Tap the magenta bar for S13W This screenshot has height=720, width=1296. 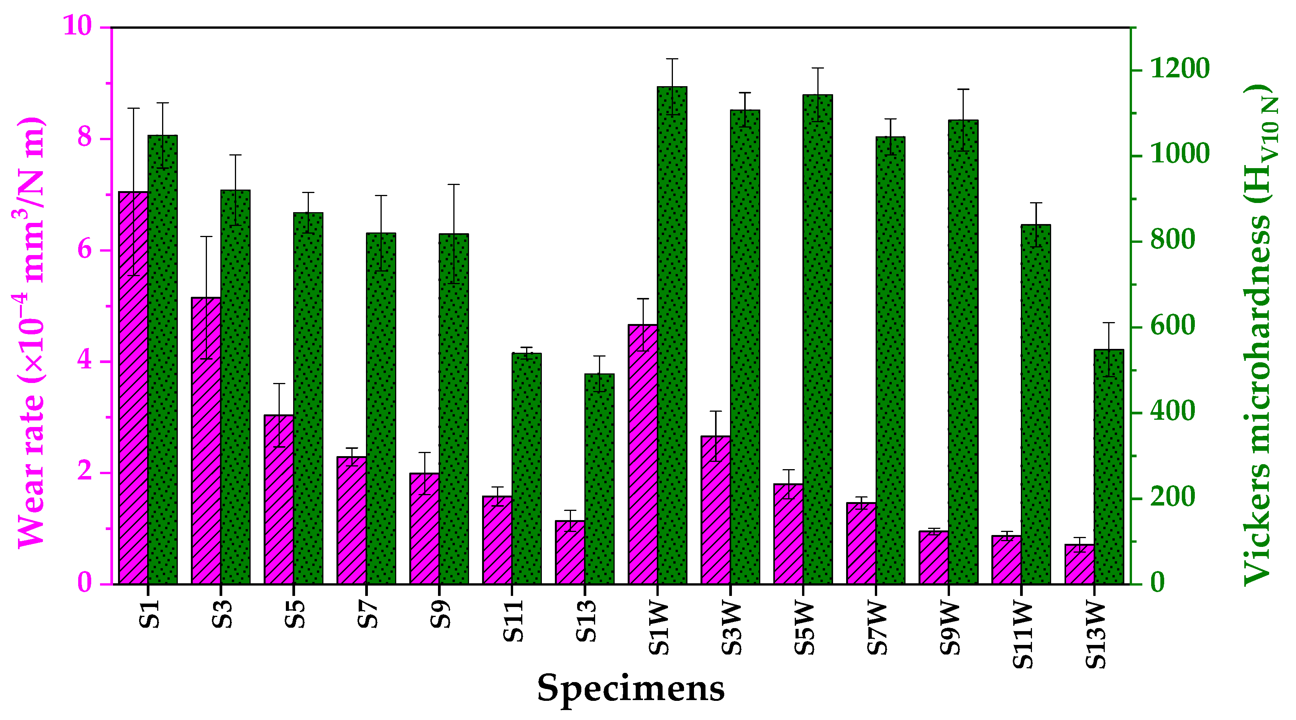point(1079,564)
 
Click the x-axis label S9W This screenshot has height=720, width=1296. point(950,628)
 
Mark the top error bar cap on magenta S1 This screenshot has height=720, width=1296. point(133,108)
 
